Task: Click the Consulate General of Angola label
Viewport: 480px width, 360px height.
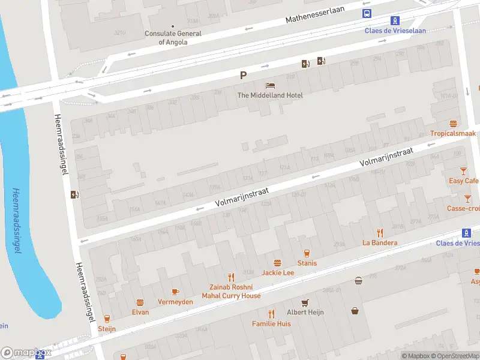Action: [x=173, y=38]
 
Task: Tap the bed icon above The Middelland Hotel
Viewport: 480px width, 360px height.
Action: [x=270, y=86]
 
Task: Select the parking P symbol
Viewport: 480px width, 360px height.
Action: [x=243, y=75]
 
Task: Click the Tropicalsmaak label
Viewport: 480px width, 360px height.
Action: [x=453, y=133]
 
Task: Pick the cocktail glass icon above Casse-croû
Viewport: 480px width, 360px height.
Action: [x=467, y=198]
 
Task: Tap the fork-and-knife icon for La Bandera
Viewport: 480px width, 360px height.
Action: [x=380, y=233]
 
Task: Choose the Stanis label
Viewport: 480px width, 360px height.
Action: [x=307, y=263]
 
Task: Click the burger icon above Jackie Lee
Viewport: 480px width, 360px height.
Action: [x=277, y=263]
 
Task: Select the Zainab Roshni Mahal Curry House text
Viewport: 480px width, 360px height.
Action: [x=231, y=291]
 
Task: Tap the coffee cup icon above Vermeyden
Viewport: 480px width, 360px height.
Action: [x=175, y=292]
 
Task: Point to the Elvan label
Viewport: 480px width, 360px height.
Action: [x=140, y=312]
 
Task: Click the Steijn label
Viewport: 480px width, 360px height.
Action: [x=107, y=328]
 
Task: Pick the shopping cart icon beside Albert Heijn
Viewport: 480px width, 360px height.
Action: [x=305, y=302]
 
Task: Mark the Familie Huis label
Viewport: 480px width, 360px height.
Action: [x=271, y=323]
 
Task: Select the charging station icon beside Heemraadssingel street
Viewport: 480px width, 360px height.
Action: [x=74, y=194]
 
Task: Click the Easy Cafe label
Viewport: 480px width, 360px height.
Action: [x=464, y=181]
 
